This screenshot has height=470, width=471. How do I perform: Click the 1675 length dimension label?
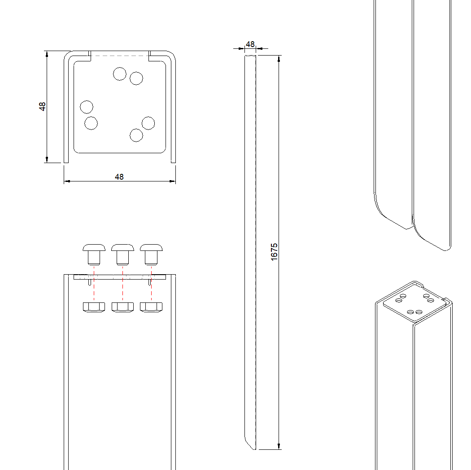click(x=275, y=252)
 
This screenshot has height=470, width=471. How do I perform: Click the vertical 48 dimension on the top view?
click(x=43, y=107)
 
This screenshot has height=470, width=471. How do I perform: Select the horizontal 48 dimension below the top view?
click(x=119, y=177)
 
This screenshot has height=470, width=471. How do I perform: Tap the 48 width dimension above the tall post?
click(x=250, y=44)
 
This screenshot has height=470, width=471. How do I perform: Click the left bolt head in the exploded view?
click(x=94, y=247)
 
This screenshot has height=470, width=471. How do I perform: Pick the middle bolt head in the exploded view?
click(x=122, y=247)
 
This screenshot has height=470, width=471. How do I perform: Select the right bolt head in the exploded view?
click(x=151, y=247)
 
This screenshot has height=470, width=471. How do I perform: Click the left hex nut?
click(x=94, y=307)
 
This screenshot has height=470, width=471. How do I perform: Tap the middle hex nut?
click(x=122, y=307)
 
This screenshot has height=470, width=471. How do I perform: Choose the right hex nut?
click(x=151, y=307)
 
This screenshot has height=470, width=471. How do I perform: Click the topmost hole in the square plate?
click(x=120, y=74)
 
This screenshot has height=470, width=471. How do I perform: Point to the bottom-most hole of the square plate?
click(x=136, y=135)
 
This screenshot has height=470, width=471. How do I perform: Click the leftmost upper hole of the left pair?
click(x=87, y=107)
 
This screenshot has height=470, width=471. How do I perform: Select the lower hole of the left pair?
click(x=91, y=123)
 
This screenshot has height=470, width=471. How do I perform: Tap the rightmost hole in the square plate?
click(x=148, y=123)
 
